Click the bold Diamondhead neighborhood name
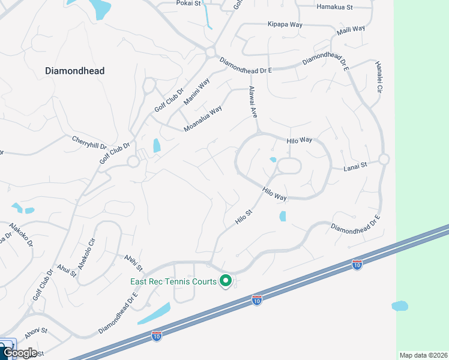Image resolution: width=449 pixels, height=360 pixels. point(75,71)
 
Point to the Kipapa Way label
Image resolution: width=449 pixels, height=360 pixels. point(285,25)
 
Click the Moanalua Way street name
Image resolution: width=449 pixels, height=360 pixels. point(203,119)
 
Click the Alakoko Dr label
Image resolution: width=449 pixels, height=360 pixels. point(21,236)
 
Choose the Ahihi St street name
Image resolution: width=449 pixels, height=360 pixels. point(133,262)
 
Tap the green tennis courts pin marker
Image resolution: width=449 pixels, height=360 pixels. point(226,280)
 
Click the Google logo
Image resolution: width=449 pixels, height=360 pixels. point(20,352)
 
